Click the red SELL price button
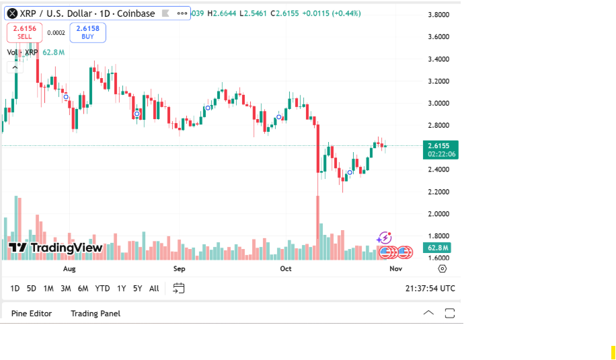click(x=25, y=32)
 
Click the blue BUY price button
click(x=87, y=32)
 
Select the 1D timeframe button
click(x=15, y=289)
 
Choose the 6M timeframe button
click(x=83, y=289)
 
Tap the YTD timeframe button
click(x=102, y=289)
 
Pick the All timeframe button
click(x=154, y=289)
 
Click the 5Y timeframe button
click(x=137, y=289)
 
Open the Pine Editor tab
click(x=32, y=314)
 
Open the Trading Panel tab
click(x=95, y=314)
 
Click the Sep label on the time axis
click(x=179, y=268)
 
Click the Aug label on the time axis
click(x=69, y=268)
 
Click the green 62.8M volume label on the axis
click(x=438, y=248)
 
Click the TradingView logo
click(x=56, y=248)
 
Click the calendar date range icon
click(x=178, y=289)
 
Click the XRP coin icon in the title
click(x=12, y=13)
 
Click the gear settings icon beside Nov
click(x=442, y=268)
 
